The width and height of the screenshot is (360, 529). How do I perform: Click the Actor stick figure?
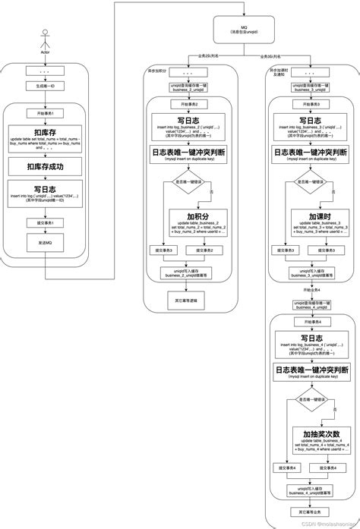click(x=45, y=39)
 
